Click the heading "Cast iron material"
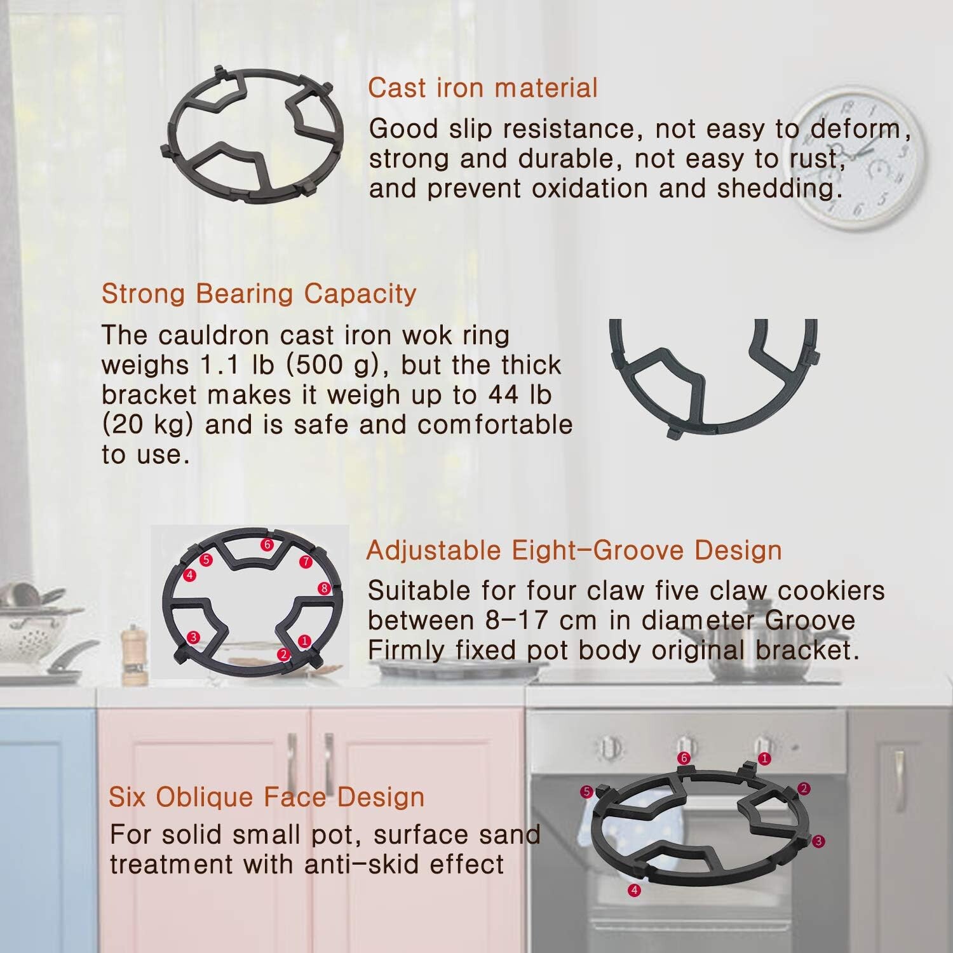483,88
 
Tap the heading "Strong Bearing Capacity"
259,294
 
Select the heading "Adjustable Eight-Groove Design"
574,550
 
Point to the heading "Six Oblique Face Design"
267,797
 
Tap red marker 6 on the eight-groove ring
267,544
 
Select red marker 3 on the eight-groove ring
194,637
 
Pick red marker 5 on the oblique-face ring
587,792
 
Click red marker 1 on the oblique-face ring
764,758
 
